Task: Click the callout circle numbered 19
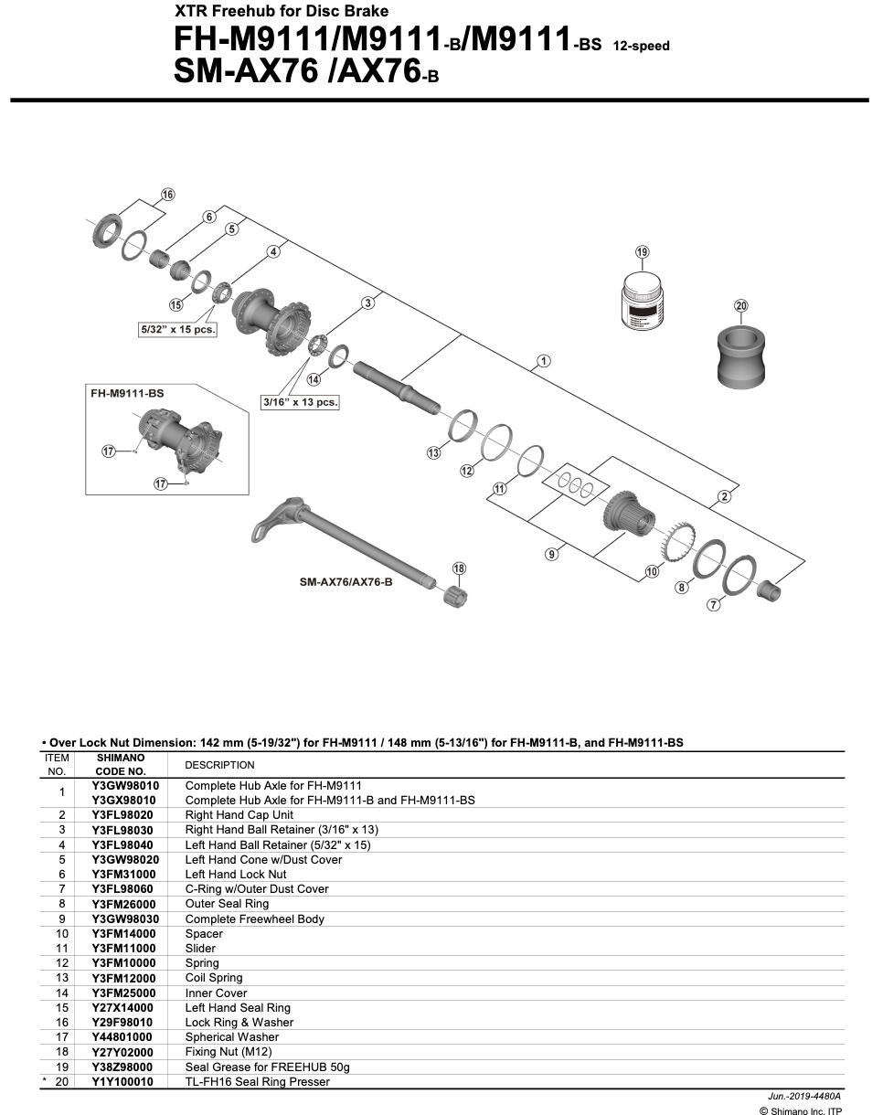642,251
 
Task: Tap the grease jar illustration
642,304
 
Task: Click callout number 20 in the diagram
740,305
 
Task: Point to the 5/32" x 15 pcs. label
177,330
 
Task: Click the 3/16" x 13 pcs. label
300,401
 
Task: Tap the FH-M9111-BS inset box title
127,392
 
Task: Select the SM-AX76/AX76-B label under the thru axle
346,581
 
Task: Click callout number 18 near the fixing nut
459,568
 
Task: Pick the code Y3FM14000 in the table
123,933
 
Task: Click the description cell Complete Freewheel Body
254,919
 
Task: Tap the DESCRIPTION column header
219,765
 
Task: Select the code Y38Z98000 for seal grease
123,1067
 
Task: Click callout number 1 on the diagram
543,360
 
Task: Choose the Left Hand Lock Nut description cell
235,874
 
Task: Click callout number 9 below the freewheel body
552,554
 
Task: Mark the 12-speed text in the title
641,46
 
